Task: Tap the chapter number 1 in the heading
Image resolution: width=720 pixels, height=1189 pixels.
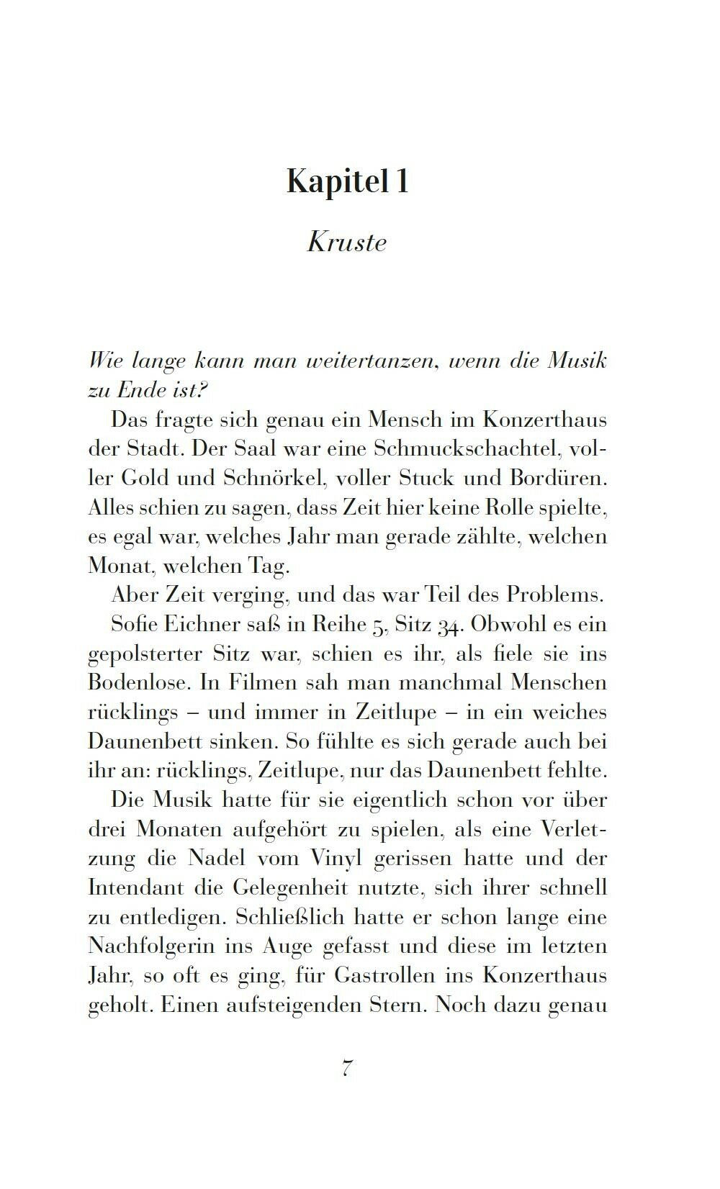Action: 401,181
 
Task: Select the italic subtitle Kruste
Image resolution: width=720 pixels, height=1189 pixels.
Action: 347,242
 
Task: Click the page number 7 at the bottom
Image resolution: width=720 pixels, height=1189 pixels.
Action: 347,1068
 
